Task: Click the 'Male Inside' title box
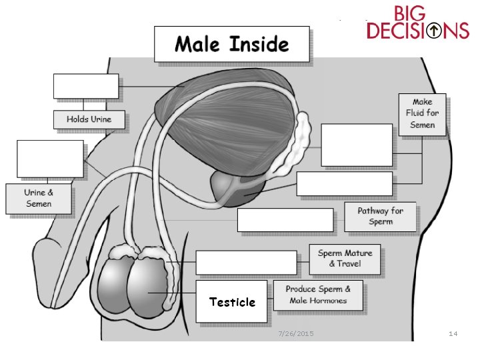pos(231,45)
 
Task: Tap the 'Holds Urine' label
pos(89,120)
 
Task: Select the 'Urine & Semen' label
pos(39,198)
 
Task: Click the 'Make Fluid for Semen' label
pos(422,113)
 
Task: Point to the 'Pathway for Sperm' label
pos(380,216)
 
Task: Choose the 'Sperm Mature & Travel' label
pos(344,259)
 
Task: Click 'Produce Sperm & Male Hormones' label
pos(318,295)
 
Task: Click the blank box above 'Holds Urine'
pos(86,86)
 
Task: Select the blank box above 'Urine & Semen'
pos(50,159)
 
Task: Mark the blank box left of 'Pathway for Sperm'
pos(285,220)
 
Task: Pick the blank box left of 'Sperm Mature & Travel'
pos(245,263)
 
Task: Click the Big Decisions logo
pos(418,23)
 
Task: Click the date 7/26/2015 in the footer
pos(295,333)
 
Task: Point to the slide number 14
pos(453,333)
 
